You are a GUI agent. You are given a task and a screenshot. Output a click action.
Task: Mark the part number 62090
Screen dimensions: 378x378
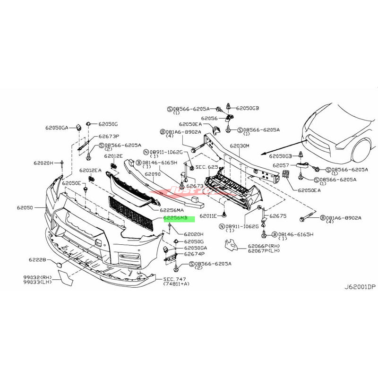click(x=153, y=174)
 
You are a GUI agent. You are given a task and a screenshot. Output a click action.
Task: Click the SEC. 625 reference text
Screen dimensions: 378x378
click(x=206, y=167)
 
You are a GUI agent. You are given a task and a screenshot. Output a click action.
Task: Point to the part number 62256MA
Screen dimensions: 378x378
click(x=172, y=210)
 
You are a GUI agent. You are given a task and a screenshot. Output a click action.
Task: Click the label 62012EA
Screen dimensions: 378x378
click(x=90, y=171)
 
